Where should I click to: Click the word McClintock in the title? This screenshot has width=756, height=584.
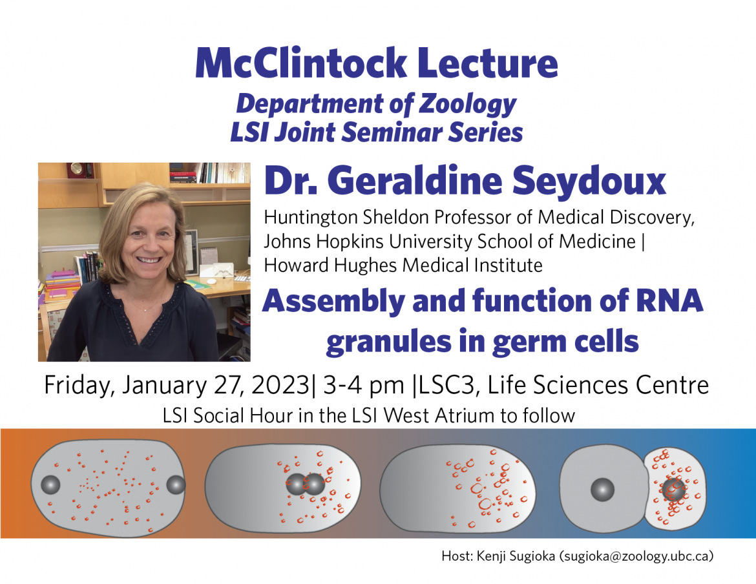pos(301,63)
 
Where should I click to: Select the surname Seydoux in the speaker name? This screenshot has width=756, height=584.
pos(589,181)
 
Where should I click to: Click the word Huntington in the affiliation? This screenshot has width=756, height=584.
pos(311,218)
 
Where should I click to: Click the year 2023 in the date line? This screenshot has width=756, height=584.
pos(280,386)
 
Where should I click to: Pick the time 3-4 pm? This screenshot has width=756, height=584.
pos(364,386)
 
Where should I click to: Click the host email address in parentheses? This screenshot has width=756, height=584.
pos(636,556)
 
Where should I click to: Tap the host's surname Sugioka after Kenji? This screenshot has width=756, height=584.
pos(532,556)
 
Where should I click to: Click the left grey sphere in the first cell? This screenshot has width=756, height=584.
pos(50,485)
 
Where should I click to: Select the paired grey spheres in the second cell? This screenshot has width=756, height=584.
pos(305,485)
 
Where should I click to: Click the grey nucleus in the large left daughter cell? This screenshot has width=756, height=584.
pos(602,490)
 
